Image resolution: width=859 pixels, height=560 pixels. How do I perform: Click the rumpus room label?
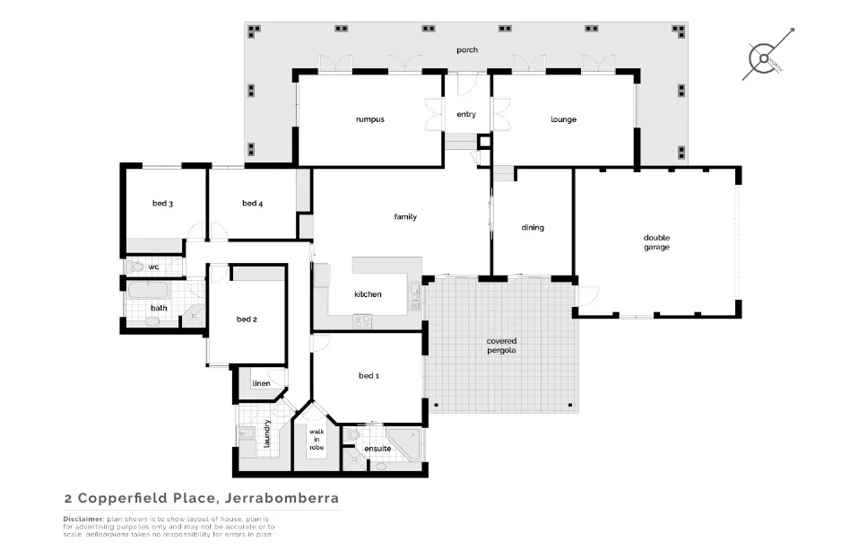(x=369, y=119)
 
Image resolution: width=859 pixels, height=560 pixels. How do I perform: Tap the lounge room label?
(x=563, y=119)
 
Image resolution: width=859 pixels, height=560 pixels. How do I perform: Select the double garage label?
(x=656, y=242)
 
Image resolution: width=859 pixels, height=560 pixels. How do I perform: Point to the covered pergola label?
(x=501, y=346)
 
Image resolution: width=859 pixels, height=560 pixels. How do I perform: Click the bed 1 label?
(x=369, y=375)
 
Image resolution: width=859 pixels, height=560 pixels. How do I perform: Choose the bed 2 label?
(x=247, y=319)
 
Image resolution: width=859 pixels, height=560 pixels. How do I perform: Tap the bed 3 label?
(x=162, y=204)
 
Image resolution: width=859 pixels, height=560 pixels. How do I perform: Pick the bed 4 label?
(x=252, y=204)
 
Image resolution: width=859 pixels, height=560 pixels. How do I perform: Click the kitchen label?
(x=368, y=294)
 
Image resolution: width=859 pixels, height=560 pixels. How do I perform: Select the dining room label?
(x=533, y=227)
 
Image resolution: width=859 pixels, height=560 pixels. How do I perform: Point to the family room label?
(x=405, y=216)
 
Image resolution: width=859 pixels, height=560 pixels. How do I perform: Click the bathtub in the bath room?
(x=147, y=290)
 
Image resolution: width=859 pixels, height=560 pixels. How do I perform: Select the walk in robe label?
(x=316, y=439)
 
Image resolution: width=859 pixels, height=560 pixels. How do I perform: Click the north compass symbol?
(x=765, y=58)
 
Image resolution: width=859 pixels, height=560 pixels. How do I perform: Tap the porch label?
(x=466, y=49)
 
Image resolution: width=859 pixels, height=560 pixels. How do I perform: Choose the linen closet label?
(x=261, y=383)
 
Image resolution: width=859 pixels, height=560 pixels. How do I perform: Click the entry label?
(x=466, y=114)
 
